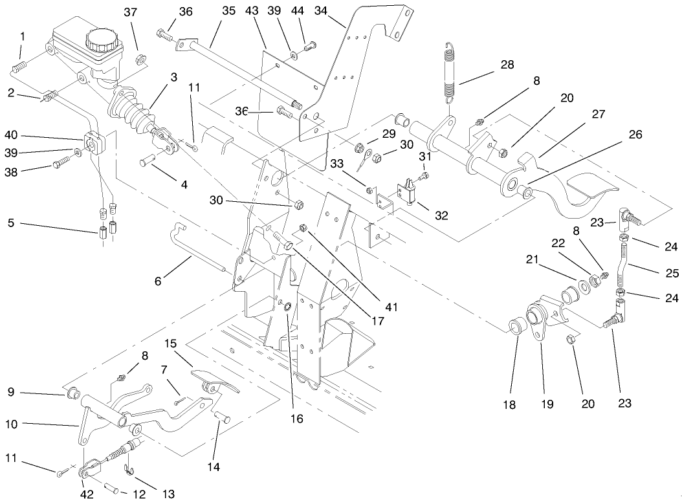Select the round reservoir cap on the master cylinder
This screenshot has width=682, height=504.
[x=102, y=40]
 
